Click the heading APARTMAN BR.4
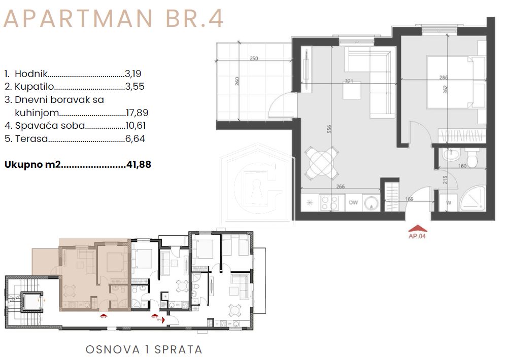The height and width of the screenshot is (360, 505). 114,19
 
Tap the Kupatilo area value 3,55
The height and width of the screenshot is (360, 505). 134,87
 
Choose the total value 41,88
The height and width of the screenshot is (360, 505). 138,164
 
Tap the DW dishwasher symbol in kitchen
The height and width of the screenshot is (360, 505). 353,202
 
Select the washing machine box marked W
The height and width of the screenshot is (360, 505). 448,203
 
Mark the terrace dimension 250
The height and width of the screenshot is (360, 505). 254,58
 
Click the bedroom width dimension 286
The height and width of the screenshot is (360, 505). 444,78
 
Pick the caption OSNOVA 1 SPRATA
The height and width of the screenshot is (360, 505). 144,349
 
